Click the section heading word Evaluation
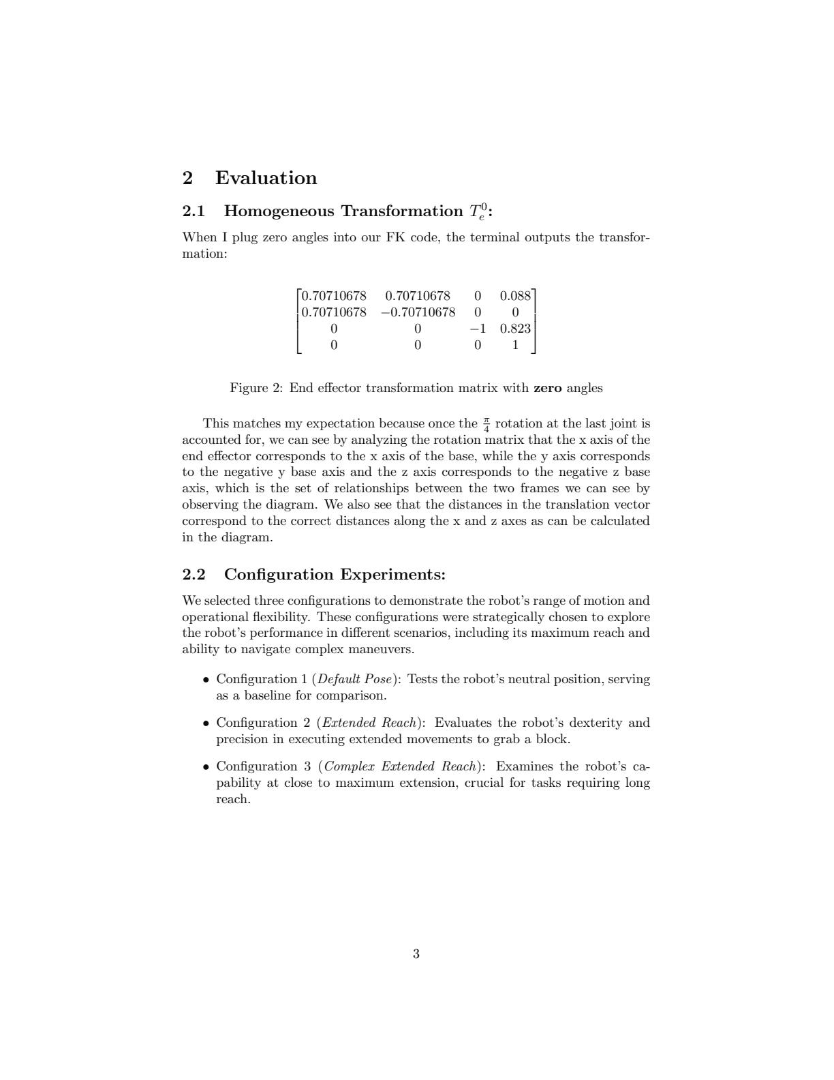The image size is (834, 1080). (266, 179)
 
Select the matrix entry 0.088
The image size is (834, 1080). (515, 296)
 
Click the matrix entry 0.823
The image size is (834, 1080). (515, 329)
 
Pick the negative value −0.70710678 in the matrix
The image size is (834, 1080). (418, 312)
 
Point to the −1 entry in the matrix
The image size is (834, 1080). (478, 329)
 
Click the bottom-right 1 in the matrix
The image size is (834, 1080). (515, 345)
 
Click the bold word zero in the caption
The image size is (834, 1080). (547, 388)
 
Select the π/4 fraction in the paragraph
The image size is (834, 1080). (486, 424)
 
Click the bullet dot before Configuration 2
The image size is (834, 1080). (206, 723)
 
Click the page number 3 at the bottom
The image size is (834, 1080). (416, 954)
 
